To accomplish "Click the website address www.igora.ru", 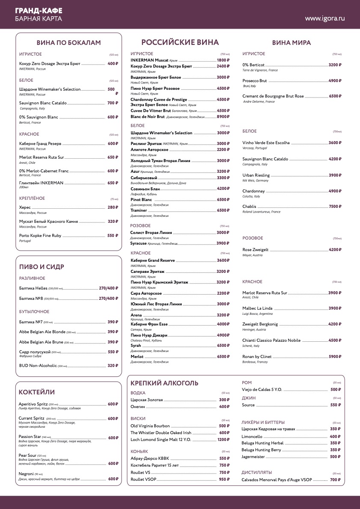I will point(325,18).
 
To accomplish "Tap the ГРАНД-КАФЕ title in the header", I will point(39,10).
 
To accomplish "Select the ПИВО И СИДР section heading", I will point(42,267).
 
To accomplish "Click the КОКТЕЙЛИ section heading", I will point(37,392).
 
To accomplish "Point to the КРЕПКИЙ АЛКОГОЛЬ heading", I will point(164,383).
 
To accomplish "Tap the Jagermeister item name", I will point(253,457).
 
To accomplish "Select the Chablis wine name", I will point(249,207).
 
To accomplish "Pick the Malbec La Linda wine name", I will point(257,308).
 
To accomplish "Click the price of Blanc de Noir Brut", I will point(223,117).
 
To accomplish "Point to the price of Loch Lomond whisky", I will point(223,440).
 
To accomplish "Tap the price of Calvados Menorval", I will point(335,480).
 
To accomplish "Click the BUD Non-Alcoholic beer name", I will point(38,366).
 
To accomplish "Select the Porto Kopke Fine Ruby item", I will point(40,236).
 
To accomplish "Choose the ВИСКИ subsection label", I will point(138,418).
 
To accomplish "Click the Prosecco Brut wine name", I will point(254,81).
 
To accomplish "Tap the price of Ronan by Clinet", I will point(335,357).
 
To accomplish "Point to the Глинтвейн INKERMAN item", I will point(41,183).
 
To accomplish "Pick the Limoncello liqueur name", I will point(252,437).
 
